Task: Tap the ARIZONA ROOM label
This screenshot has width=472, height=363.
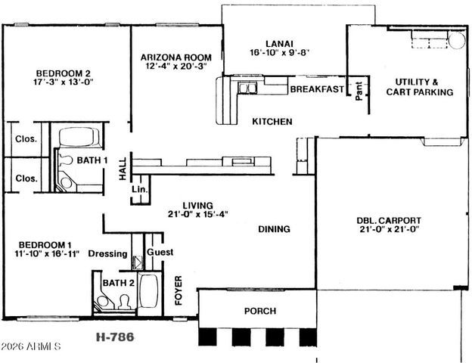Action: (x=182, y=57)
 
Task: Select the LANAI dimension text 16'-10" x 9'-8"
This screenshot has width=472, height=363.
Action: (x=280, y=53)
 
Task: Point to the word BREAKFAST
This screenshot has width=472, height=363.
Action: (x=317, y=89)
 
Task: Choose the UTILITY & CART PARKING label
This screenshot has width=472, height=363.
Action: (x=419, y=87)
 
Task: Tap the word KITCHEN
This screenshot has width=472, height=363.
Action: (x=272, y=122)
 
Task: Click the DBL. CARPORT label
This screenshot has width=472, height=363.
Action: (x=389, y=221)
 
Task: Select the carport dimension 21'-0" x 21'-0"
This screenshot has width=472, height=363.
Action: (x=389, y=231)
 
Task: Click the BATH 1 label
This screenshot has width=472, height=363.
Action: (x=88, y=160)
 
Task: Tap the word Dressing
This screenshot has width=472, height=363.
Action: (x=108, y=253)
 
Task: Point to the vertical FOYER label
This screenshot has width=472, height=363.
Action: (x=179, y=290)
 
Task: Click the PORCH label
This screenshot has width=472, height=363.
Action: (x=259, y=311)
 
